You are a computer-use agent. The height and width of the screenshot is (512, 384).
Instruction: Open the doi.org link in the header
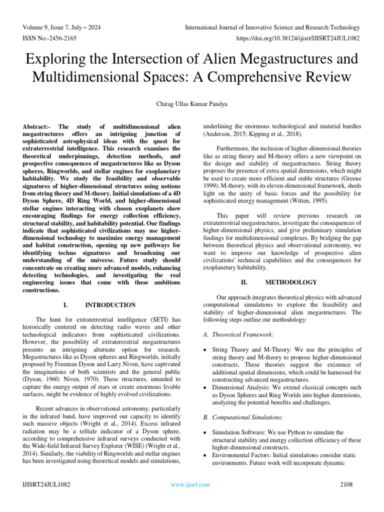pos(297,38)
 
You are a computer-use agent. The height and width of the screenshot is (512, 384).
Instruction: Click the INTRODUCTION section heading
pos(110,305)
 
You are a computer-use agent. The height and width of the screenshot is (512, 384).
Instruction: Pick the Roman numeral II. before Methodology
pos(237,282)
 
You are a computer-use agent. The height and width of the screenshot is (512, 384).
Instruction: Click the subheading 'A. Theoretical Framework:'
pos(238,333)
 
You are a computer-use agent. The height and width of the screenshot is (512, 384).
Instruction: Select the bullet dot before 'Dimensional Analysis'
pos(206,387)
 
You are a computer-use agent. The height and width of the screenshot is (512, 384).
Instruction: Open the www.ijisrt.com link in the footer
pos(190,484)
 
